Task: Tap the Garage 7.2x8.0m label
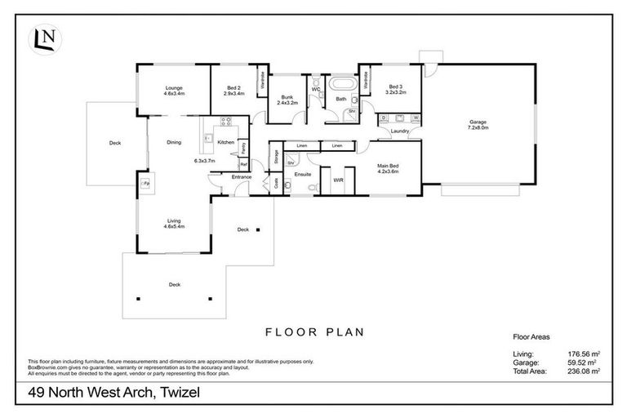pos(477,124)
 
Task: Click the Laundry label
pos(399,131)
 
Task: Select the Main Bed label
pos(387,168)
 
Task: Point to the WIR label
pos(338,180)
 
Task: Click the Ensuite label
pos(302,173)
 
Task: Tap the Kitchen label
pos(225,142)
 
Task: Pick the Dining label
pos(174,142)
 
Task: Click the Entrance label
pos(242,177)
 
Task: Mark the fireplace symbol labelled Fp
pos(146,185)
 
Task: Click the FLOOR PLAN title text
pos(313,332)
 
